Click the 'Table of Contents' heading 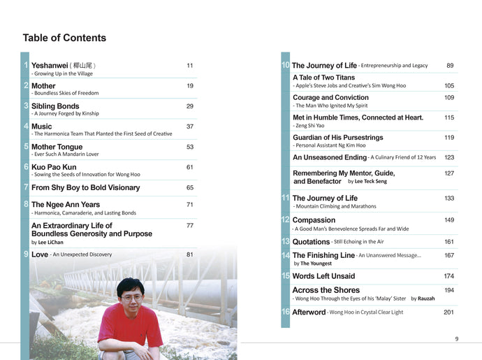[x=64, y=38]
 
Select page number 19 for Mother [x=190, y=86]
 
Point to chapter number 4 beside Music [x=26, y=127]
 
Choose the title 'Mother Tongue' [x=57, y=147]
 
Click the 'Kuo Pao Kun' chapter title [x=54, y=167]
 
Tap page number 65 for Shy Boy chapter [x=190, y=187]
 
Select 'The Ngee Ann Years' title [x=66, y=205]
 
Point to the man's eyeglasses [x=131, y=296]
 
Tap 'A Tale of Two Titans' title [x=323, y=78]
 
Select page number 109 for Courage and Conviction [x=449, y=98]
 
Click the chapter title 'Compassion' [x=314, y=220]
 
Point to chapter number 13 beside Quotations [x=285, y=241]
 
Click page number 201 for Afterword [x=448, y=312]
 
